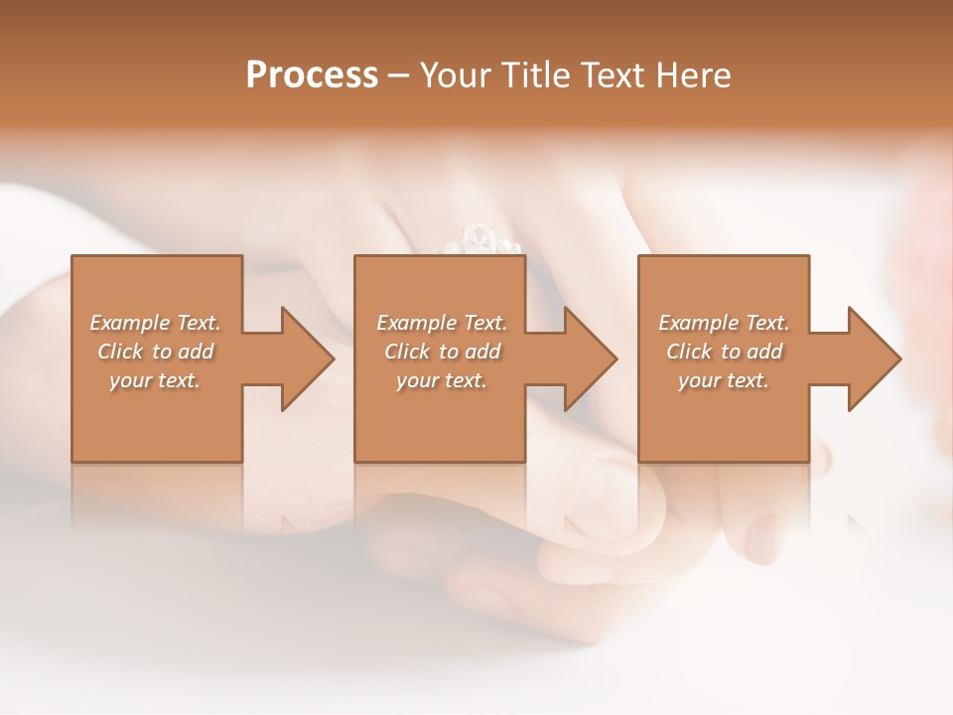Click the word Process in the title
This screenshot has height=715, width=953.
click(312, 75)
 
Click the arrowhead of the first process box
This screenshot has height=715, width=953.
click(308, 358)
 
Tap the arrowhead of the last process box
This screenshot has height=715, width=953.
click(875, 358)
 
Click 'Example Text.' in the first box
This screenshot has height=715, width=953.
click(155, 323)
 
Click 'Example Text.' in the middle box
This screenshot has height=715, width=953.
click(441, 323)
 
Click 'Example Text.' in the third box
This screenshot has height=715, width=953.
click(724, 323)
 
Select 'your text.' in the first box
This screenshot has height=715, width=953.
click(155, 380)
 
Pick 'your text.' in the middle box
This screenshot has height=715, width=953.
click(441, 380)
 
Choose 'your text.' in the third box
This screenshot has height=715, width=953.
click(724, 380)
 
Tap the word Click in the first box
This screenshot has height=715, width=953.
click(119, 352)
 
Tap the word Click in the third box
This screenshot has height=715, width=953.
click(689, 352)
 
